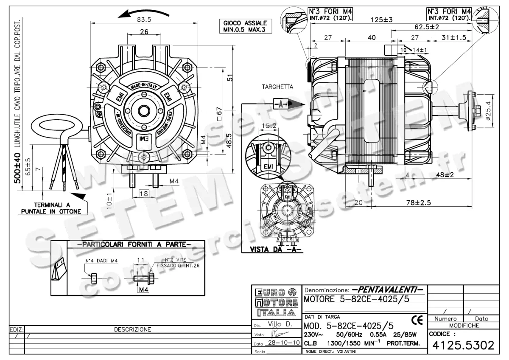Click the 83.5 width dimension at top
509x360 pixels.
click(x=144, y=20)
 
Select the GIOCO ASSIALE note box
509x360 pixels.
click(x=245, y=26)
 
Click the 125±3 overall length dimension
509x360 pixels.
click(x=381, y=20)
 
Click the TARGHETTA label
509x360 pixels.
click(x=277, y=87)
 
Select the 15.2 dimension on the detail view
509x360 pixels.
click(x=269, y=125)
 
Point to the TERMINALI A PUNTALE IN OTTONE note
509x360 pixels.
click(x=52, y=208)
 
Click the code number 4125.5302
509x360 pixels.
click(x=463, y=346)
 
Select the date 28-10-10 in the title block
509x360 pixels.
click(x=282, y=343)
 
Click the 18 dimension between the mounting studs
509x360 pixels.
click(x=143, y=194)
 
